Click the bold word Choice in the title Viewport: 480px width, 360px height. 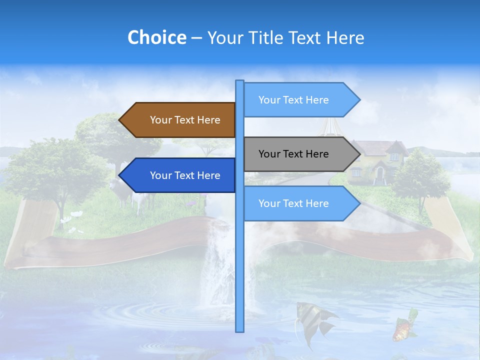156,37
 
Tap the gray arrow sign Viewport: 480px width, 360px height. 297,154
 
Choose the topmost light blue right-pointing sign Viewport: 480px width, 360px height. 297,100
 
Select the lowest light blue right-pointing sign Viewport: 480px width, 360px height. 297,203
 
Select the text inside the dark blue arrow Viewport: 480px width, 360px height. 185,175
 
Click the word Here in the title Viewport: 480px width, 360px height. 345,37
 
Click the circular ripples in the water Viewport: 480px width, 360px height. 135,315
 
